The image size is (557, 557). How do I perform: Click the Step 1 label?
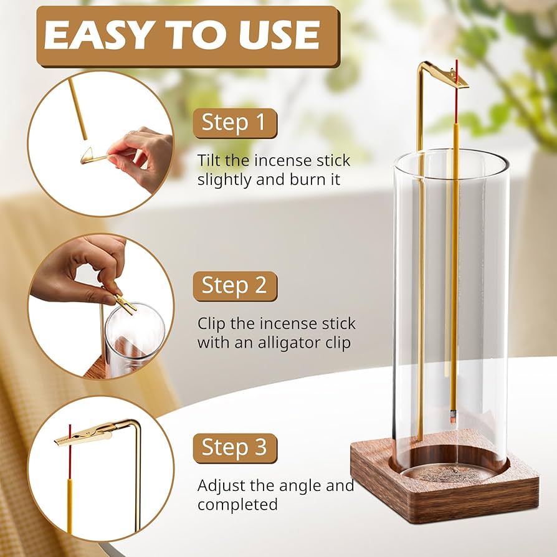coord(234,123)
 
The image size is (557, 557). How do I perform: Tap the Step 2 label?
coord(234,285)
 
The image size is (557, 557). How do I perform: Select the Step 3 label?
coord(234,447)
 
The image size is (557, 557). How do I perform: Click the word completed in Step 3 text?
coord(237,504)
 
